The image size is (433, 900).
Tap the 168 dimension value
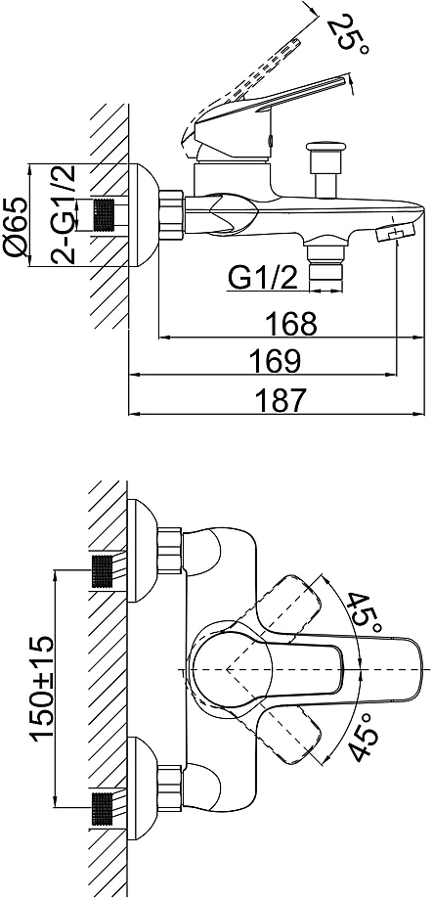(291, 325)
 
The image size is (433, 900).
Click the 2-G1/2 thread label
(64, 215)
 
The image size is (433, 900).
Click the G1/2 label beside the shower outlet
(264, 279)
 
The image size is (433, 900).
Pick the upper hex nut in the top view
(170, 551)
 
